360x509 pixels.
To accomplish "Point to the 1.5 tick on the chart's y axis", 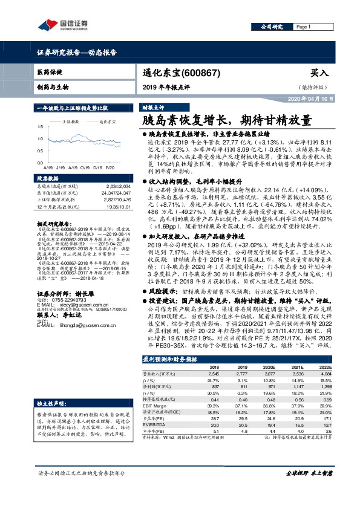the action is pos(41,126).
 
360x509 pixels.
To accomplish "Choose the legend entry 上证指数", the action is pos(72,122).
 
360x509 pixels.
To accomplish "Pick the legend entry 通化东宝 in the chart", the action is pos(107,122).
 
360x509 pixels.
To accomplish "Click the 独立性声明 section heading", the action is pos(52,386).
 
